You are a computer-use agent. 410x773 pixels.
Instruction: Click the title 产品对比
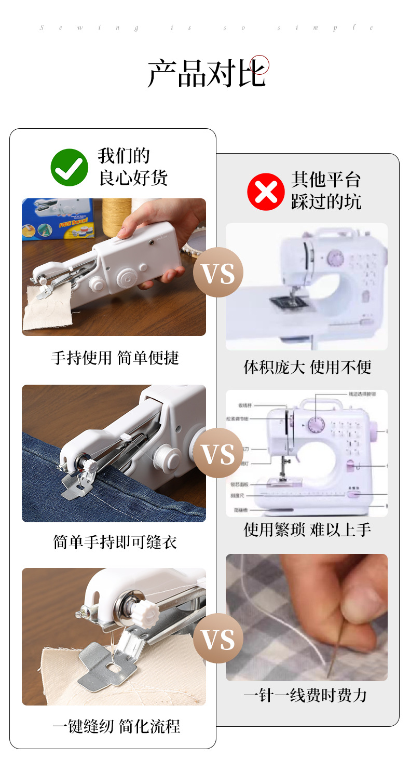[207, 73]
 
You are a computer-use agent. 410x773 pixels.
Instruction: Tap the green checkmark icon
[69, 168]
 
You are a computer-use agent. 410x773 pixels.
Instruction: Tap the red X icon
[266, 192]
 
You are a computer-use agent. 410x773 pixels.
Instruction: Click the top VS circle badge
[218, 273]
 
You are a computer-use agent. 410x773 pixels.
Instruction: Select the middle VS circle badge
[218, 453]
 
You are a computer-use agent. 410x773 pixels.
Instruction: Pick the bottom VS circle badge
[218, 638]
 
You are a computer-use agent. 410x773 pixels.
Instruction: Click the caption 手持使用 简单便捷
[115, 358]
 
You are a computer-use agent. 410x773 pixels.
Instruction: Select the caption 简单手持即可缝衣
[115, 542]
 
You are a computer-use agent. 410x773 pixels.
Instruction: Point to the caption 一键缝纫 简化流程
[116, 726]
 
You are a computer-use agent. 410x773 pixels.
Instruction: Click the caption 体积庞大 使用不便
[307, 367]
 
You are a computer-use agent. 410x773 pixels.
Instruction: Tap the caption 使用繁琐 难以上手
[307, 530]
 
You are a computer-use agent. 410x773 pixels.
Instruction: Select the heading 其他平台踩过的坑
[325, 191]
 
